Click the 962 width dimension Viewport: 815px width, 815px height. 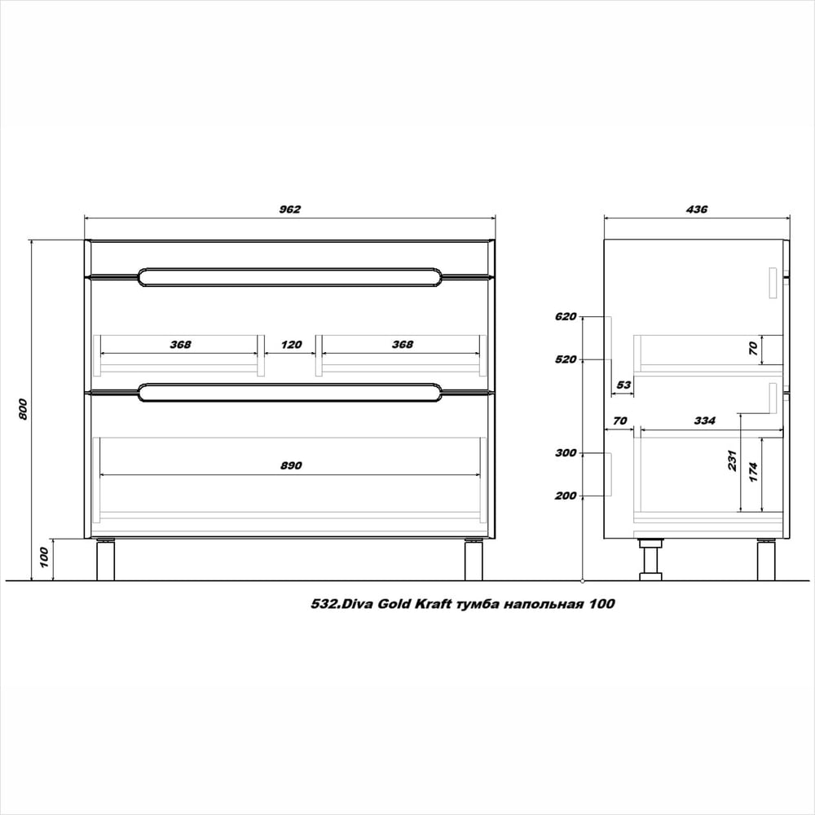(x=290, y=209)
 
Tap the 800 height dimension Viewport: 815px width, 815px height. (x=23, y=410)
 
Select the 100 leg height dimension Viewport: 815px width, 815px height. (x=44, y=557)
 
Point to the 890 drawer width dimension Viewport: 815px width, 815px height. (x=291, y=465)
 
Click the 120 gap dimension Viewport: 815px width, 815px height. (x=291, y=345)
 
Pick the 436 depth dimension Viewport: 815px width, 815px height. (x=697, y=209)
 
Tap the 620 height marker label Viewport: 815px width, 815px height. (x=566, y=316)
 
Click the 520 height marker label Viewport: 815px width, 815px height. (x=566, y=359)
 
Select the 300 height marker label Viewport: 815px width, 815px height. (x=566, y=452)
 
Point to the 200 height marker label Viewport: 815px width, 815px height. (x=566, y=496)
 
